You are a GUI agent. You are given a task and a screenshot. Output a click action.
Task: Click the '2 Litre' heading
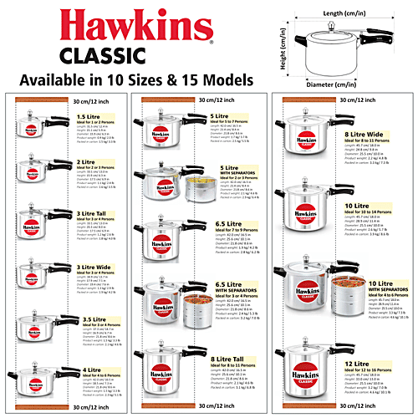pyautogui.click(x=86, y=162)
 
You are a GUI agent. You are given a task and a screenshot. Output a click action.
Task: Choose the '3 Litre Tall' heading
pyautogui.click(x=93, y=213)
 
